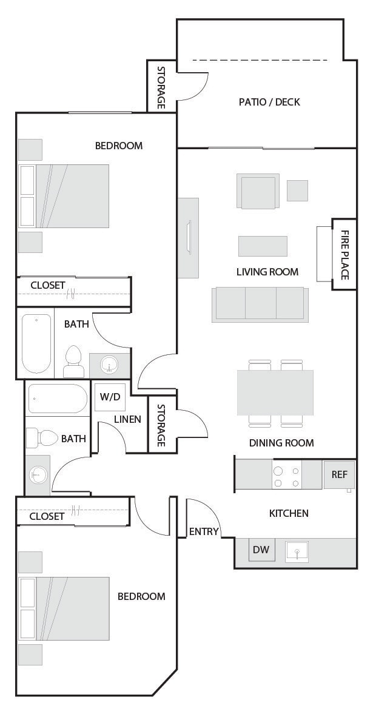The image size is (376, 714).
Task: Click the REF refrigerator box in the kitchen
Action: (x=339, y=474)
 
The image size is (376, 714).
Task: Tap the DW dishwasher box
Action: (x=261, y=550)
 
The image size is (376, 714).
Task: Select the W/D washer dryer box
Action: (x=110, y=397)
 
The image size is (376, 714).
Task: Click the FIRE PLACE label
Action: (x=344, y=255)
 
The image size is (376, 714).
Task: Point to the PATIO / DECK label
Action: (x=269, y=102)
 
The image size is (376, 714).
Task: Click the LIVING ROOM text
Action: (x=267, y=272)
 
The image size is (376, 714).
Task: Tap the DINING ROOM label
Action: (x=281, y=443)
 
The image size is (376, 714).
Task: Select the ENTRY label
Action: (x=204, y=531)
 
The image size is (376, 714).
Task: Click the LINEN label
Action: (x=127, y=419)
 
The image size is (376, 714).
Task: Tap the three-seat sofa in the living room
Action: (x=260, y=303)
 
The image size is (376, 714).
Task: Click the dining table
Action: (x=275, y=392)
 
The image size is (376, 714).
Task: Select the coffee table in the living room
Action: (x=263, y=246)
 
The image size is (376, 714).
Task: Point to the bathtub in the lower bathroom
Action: (x=58, y=399)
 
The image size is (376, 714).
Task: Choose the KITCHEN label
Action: (x=289, y=513)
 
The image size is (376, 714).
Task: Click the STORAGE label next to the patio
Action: (x=161, y=87)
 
